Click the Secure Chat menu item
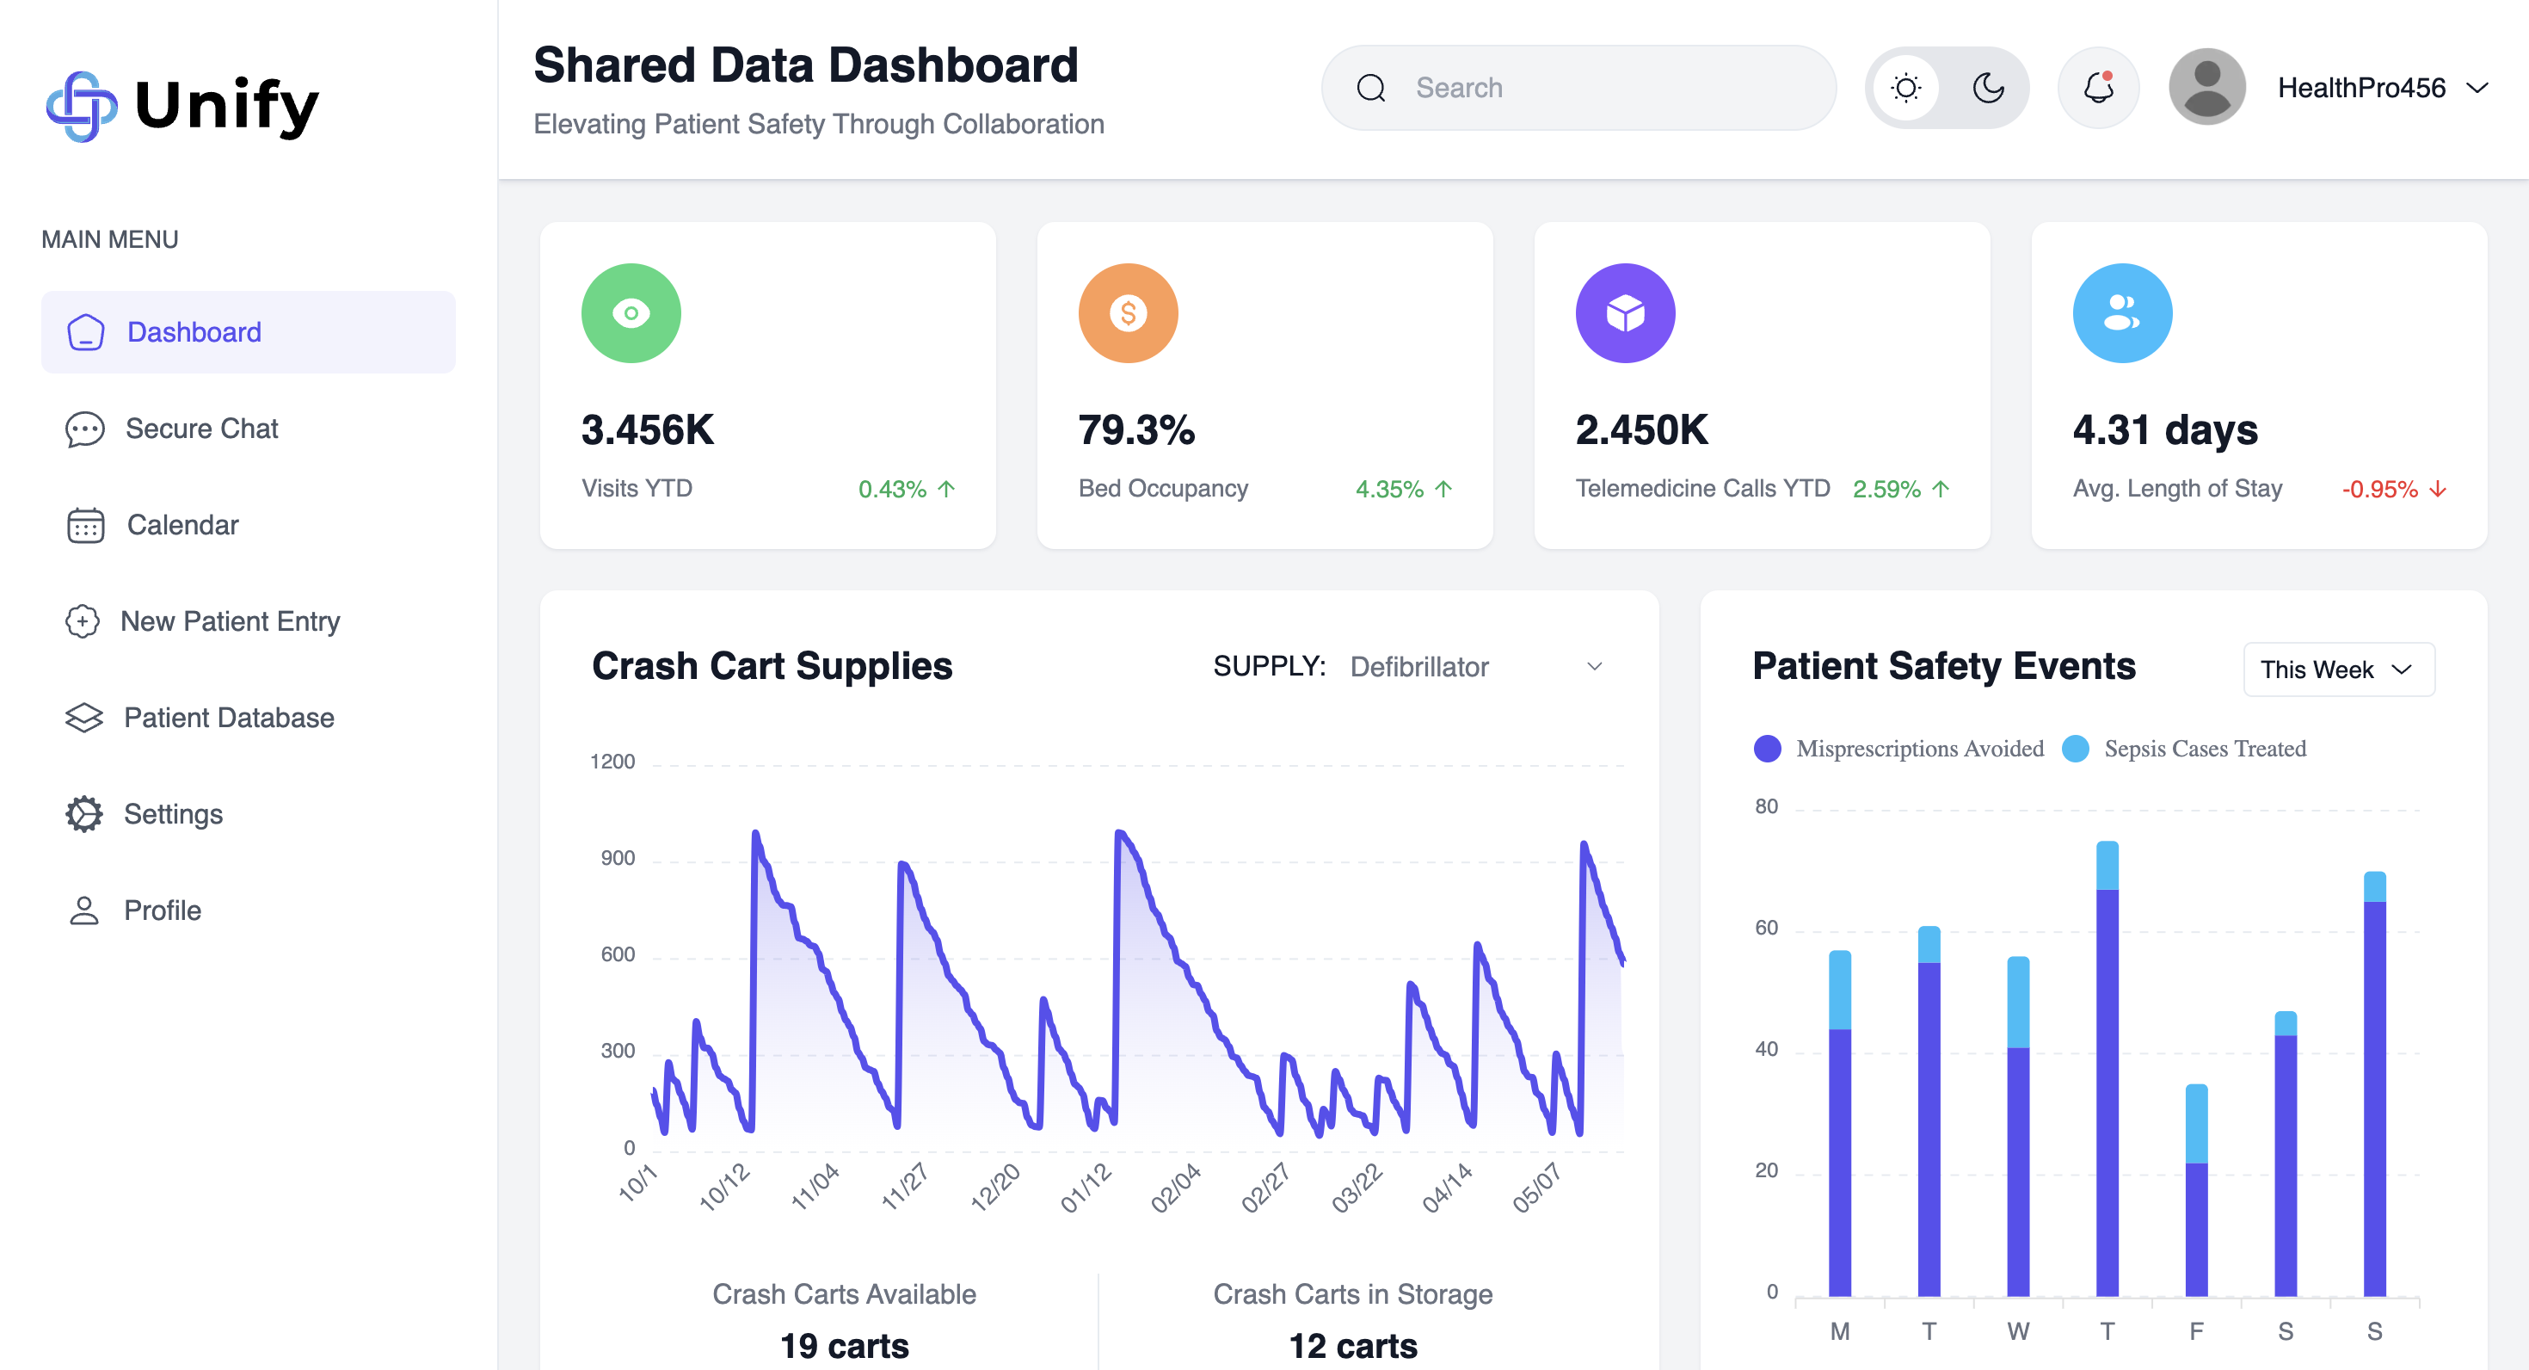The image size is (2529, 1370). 201,429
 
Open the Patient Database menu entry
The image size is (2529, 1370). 228,718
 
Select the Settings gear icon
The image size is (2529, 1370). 84,814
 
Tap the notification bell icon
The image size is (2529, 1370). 2098,89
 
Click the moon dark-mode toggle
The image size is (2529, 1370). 1988,89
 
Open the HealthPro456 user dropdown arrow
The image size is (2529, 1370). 2477,89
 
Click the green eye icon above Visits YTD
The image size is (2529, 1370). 631,313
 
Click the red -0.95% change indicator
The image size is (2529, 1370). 2392,489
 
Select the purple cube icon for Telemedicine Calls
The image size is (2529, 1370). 1625,313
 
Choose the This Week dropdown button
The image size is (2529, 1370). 2337,670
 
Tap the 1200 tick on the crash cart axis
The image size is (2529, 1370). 612,762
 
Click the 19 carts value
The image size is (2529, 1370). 845,1345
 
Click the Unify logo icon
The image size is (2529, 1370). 82,106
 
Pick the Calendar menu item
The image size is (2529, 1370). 182,526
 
